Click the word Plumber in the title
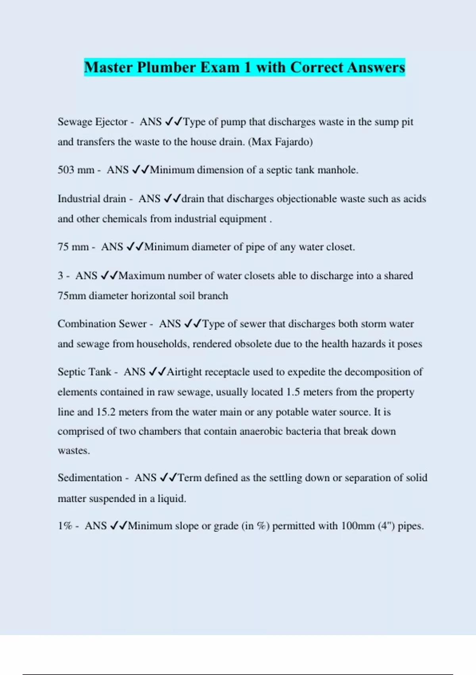click(x=166, y=67)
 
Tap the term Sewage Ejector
click(x=92, y=121)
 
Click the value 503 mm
click(x=76, y=170)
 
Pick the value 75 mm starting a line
click(x=73, y=247)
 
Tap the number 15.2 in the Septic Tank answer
click(x=106, y=412)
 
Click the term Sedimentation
click(x=90, y=478)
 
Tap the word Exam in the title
click(x=220, y=67)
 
